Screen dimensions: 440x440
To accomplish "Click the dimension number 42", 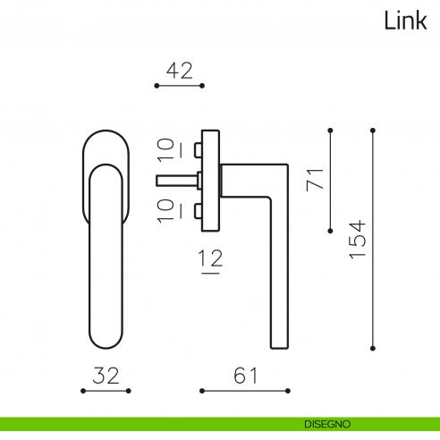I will (x=180, y=71).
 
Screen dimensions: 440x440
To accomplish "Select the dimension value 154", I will (x=356, y=240).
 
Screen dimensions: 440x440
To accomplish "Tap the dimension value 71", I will (x=314, y=178).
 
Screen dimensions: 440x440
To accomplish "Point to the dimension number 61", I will (x=245, y=376).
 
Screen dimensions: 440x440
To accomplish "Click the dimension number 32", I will (x=106, y=376).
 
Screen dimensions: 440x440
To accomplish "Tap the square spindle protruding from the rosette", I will (x=176, y=180).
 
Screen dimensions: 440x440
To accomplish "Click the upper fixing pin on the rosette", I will (x=198, y=147).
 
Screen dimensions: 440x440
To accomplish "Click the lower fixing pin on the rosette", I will (x=198, y=211).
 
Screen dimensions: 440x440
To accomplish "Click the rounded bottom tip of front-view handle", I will (x=106, y=347).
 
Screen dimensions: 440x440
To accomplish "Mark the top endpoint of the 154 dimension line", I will (x=373, y=131).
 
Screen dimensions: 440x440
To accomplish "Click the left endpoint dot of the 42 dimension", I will (x=157, y=86).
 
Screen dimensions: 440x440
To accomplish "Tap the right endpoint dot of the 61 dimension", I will (x=288, y=391).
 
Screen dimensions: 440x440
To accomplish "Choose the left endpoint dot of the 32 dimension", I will (x=82, y=391).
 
